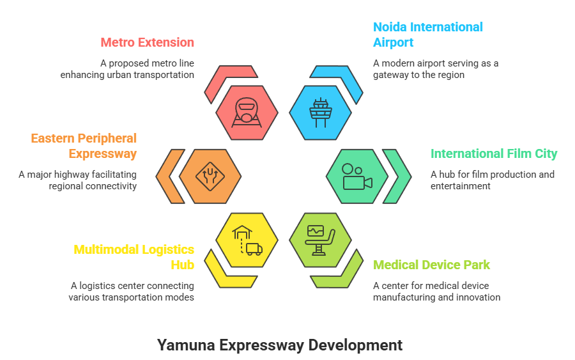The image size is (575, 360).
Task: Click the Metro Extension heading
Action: pos(147,43)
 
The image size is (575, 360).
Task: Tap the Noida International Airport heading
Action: pos(427,35)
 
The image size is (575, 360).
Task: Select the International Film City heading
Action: pos(493,154)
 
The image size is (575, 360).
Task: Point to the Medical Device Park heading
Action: pos(431,265)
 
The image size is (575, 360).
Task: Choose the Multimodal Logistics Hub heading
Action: pos(134,257)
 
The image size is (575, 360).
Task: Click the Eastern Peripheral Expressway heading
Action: pos(84,146)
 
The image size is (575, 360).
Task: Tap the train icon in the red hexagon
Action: pos(247,113)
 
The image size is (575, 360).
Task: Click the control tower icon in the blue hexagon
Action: pos(320,113)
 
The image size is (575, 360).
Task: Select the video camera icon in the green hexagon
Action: pos(356,176)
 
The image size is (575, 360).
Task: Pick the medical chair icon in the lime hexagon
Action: pos(320,239)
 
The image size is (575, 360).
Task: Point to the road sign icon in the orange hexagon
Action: pos(210,176)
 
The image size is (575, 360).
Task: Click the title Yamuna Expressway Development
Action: pos(280,345)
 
